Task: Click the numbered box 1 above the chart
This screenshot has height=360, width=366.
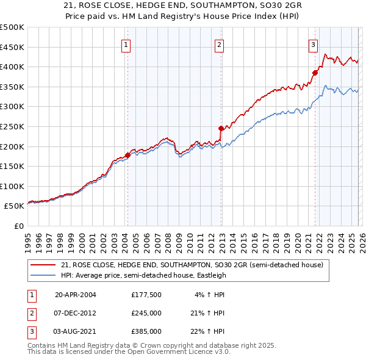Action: pos(126,45)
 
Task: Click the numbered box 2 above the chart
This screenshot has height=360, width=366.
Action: pos(219,45)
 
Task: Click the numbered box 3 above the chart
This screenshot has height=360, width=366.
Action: pos(312,45)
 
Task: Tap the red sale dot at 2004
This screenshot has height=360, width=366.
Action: pos(127,155)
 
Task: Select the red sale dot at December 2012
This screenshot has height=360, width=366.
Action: pos(221,128)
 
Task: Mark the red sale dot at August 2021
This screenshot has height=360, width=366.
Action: pos(315,73)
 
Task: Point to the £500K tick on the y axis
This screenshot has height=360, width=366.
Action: pos(12,27)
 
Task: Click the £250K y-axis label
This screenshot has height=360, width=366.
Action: pos(12,126)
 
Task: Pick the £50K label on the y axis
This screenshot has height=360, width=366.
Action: pos(14,206)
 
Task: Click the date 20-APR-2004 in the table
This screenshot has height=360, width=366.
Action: pos(76,295)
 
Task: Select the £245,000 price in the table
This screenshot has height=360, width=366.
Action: pos(146,313)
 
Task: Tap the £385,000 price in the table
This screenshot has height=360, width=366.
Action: pos(146,331)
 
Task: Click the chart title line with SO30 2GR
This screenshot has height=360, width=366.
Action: pos(183,7)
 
